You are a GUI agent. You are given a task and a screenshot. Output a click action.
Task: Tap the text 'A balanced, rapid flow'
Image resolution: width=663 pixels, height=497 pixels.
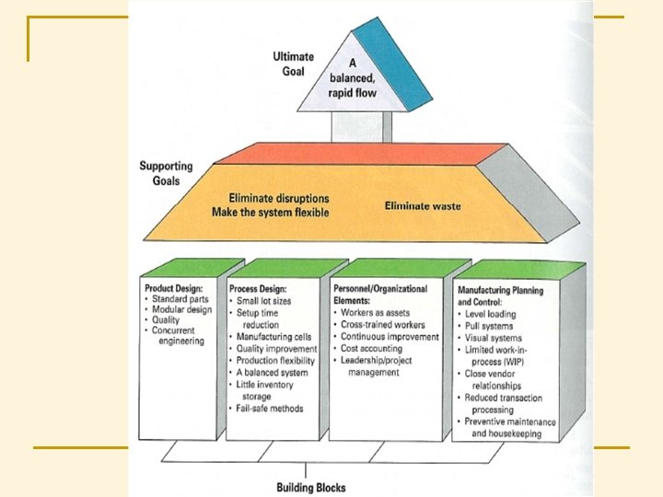[353, 81]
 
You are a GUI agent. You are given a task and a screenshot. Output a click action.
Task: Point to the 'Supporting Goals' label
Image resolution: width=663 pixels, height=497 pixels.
[166, 173]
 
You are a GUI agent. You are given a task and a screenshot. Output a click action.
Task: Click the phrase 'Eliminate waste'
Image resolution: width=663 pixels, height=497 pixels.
[423, 206]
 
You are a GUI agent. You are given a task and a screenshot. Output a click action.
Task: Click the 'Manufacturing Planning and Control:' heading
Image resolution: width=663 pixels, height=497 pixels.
[500, 295]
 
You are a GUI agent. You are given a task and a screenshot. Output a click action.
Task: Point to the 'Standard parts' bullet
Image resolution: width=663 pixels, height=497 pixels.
[180, 299]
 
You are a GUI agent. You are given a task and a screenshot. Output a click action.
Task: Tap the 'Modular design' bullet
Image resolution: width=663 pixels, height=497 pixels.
[182, 310]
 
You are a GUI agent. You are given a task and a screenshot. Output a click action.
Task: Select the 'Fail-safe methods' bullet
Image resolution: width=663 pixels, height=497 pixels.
[270, 408]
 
